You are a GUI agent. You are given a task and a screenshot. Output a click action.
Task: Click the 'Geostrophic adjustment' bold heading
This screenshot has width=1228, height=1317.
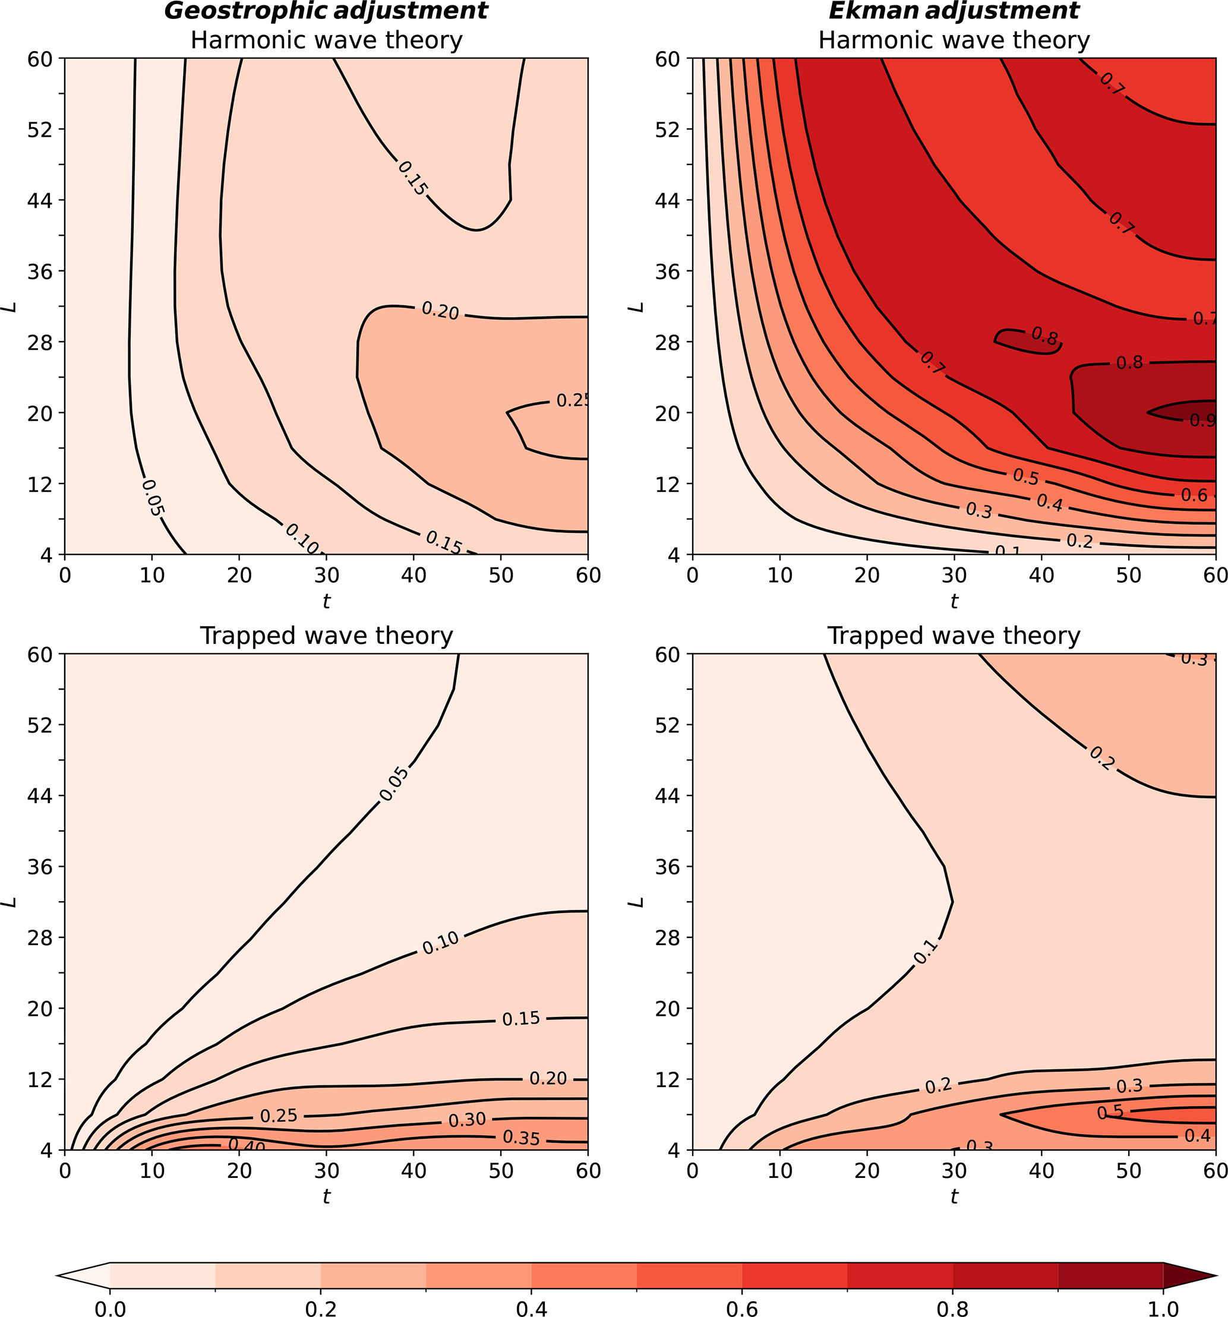(326, 11)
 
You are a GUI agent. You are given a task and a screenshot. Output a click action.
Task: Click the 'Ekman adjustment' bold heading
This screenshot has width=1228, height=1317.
(954, 11)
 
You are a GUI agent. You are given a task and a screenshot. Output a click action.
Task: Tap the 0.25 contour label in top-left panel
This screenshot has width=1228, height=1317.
(572, 400)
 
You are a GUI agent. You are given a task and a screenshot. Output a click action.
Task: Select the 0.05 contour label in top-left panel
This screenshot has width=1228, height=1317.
(153, 498)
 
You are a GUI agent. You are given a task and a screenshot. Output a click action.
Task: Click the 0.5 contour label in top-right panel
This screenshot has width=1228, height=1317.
(1025, 476)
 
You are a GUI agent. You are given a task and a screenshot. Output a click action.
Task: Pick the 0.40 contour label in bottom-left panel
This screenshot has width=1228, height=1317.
(247, 1145)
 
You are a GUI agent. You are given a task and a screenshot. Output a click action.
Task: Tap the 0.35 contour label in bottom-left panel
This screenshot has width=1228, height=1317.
(521, 1138)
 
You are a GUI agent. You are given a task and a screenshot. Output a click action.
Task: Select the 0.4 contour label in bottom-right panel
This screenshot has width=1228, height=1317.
(1197, 1135)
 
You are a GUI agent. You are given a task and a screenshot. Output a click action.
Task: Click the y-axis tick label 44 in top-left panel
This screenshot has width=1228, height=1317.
(40, 200)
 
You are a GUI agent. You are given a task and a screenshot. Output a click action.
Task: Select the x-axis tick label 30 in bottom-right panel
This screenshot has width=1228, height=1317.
(954, 1171)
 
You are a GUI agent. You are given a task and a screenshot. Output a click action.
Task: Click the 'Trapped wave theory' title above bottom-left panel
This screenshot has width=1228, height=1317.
(326, 635)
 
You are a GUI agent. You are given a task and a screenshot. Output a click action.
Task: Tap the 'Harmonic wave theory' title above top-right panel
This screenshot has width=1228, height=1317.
(954, 40)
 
